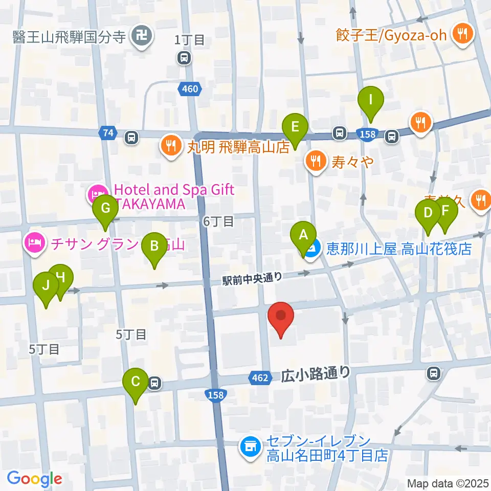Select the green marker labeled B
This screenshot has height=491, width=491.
(154, 249)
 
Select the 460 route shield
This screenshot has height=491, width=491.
(189, 90)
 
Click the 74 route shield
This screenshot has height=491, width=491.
(107, 133)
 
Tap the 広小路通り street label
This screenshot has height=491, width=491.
(316, 374)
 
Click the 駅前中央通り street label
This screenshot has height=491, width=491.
(252, 278)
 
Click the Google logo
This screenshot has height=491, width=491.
(34, 479)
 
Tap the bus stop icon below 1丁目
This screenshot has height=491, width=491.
(184, 59)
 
